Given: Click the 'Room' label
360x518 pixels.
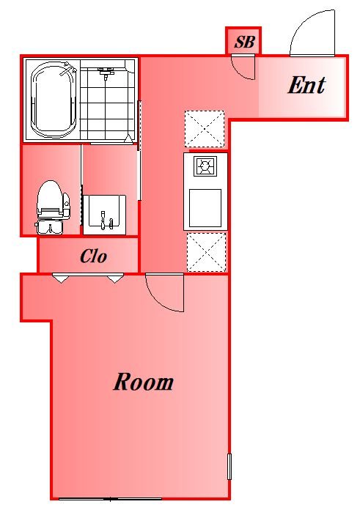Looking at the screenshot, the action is click(143, 382).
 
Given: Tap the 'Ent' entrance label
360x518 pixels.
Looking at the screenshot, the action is click(306, 85).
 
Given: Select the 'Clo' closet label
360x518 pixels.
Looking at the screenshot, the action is click(94, 256).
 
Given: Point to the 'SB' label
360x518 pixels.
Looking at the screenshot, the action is click(245, 42).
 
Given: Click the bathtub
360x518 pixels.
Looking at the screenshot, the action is click(54, 100).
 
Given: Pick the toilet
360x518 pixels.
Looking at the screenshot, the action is click(53, 207).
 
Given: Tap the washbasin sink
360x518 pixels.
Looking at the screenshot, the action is click(104, 215).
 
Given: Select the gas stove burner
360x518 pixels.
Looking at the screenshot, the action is click(205, 166).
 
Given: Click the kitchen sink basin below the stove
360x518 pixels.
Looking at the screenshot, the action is click(205, 208).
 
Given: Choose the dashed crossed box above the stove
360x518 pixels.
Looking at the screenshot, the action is click(205, 129).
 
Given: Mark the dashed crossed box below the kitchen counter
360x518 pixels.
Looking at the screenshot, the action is click(206, 252).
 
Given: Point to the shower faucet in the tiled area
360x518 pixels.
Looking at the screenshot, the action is click(106, 73).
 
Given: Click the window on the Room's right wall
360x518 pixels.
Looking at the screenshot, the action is click(229, 467).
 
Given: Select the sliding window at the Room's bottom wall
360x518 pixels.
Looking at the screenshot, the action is click(110, 499).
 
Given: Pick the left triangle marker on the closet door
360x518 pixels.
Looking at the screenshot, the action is click(61, 279).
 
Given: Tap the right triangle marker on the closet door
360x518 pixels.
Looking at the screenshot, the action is click(114, 279).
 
